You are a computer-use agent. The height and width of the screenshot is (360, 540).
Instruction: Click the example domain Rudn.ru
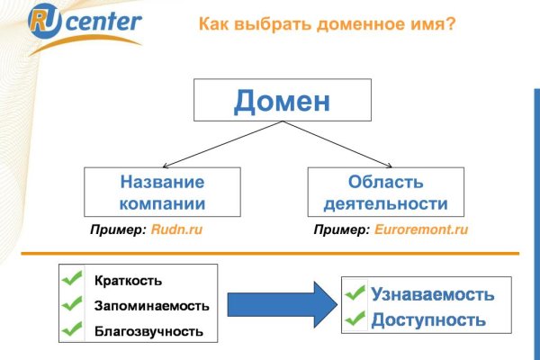click(x=175, y=230)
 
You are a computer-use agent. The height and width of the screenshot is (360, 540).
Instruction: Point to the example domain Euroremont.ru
click(x=421, y=230)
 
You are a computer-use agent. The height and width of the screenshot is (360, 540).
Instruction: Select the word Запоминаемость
click(x=151, y=306)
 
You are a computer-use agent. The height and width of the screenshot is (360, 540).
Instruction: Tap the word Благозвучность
click(x=148, y=332)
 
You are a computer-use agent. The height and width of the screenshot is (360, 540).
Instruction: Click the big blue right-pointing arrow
click(x=280, y=306)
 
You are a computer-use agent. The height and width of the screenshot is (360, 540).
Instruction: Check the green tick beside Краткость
click(x=71, y=280)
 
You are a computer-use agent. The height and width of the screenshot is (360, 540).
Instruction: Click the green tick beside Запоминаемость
click(x=71, y=305)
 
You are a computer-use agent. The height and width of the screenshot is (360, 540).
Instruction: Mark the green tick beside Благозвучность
click(x=71, y=331)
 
